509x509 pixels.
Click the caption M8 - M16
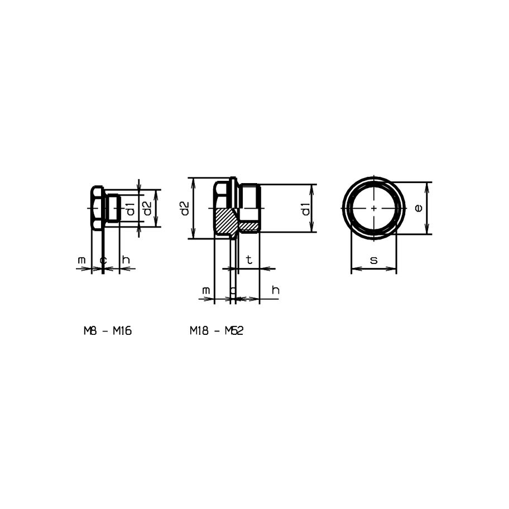pos(107,331)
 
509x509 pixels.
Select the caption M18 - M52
pos(216,331)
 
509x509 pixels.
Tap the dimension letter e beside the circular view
pos(419,208)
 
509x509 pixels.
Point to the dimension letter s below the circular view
pos(373,260)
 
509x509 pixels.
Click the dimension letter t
pos(249,260)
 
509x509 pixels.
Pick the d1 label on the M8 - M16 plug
pos(130,209)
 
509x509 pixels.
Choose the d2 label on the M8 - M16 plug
pos(146,209)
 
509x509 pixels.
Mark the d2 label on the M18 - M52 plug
pos(185,208)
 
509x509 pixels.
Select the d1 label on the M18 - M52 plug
pos(305,209)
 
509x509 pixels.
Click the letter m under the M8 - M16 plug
pos(82,260)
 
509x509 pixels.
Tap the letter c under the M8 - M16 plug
pos(103,260)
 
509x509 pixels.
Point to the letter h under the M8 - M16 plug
pos(126,260)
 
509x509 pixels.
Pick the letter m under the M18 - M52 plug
pos(206,291)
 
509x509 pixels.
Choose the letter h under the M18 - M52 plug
pos(275,291)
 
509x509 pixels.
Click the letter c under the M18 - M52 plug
pos(233,291)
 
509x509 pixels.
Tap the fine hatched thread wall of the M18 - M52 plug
pos(249,225)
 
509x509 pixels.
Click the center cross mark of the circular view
pos(373,208)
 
